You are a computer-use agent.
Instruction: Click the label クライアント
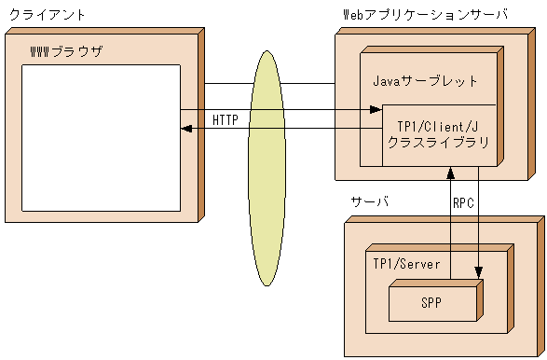[x=48, y=16]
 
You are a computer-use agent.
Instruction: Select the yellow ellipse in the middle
[x=267, y=168]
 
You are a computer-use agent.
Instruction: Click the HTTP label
[x=225, y=120]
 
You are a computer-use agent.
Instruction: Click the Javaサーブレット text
[x=425, y=81]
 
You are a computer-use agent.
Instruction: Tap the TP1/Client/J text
[x=437, y=127]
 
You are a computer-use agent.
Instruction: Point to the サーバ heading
[x=370, y=202]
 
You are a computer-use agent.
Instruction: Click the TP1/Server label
[x=406, y=264]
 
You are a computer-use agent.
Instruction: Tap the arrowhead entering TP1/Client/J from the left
[x=376, y=111]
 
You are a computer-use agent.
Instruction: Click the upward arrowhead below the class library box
[x=451, y=173]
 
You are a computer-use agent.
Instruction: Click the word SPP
[x=431, y=302]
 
